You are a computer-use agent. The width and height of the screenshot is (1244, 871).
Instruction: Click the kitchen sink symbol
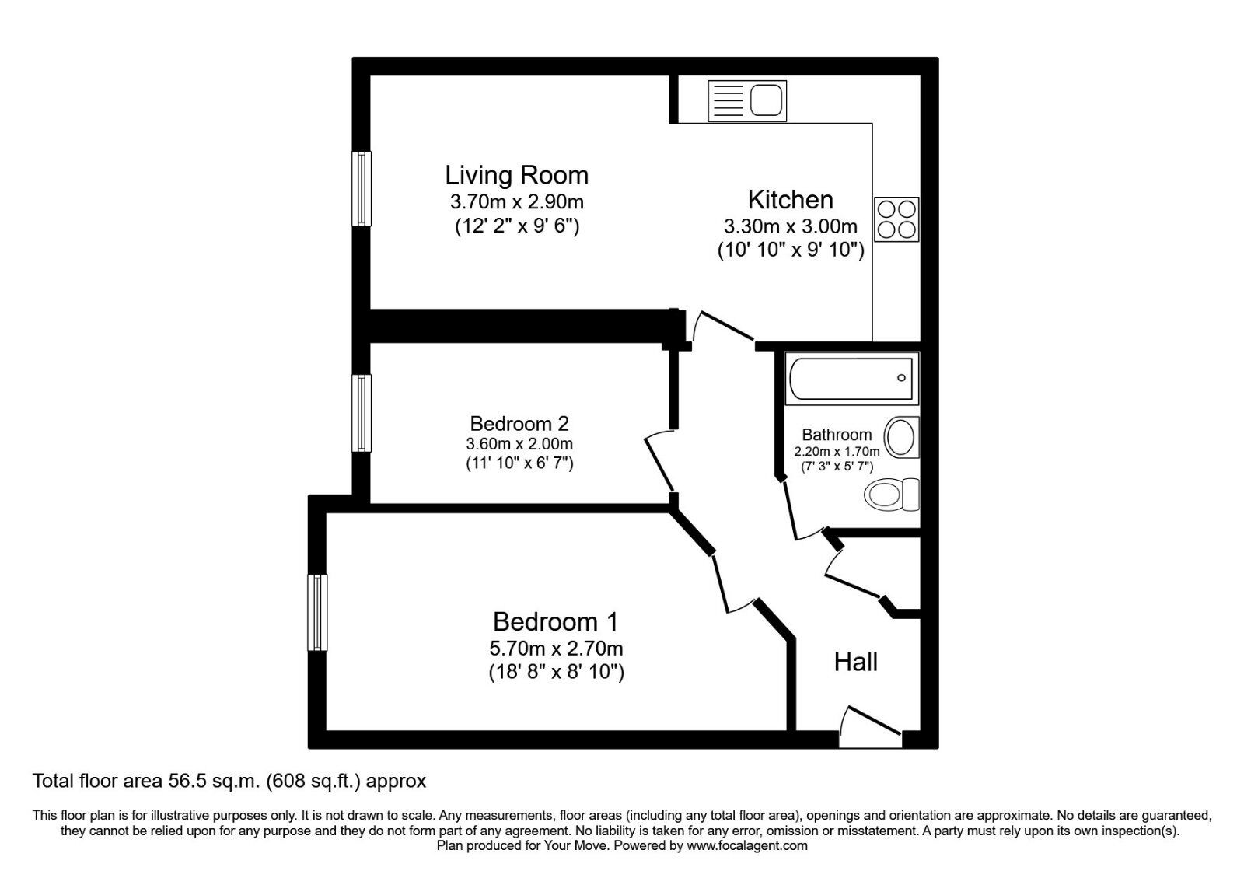coord(746,101)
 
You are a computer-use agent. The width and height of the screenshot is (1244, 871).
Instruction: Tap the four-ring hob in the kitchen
coord(896,219)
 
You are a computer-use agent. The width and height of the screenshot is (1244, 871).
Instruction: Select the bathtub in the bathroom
coord(851,379)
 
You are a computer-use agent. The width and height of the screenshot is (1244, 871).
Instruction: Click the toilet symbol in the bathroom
coord(892,495)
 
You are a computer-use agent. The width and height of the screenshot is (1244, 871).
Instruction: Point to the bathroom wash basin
coord(902,437)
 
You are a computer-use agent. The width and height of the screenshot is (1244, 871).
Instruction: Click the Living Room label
coord(516,175)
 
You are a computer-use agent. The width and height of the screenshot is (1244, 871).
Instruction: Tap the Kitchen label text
coord(790,200)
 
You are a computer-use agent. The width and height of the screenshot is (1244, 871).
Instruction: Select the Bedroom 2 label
coord(519,424)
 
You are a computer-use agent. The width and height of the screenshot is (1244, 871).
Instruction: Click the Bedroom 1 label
coord(555,622)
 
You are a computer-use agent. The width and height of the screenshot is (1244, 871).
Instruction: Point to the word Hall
coord(855,663)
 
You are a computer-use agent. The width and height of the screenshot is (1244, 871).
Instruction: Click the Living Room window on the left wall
coord(361,188)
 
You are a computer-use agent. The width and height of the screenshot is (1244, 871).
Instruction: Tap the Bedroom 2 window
coord(361,413)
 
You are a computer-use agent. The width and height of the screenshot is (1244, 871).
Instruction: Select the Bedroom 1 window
coord(316,613)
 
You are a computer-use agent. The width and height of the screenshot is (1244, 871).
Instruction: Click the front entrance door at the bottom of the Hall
coord(871,731)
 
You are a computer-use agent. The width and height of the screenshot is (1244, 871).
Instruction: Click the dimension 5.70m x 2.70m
coord(556,649)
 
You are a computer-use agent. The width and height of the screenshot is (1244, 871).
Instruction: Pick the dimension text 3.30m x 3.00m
coord(790,227)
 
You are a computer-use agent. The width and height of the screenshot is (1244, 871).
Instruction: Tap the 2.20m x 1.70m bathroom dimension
coord(837,452)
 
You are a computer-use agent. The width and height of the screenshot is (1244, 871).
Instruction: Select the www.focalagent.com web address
coord(746,845)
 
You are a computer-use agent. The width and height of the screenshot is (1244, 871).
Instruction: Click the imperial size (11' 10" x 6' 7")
coord(519,464)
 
